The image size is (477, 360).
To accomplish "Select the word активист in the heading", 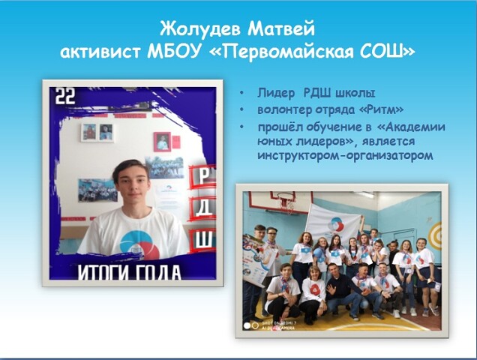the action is (x=100, y=52).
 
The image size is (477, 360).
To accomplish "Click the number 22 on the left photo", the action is (x=65, y=96).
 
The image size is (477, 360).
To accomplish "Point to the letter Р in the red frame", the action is (x=204, y=175).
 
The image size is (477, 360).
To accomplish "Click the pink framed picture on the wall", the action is (x=162, y=142).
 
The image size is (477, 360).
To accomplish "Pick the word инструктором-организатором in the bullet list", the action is (x=345, y=155).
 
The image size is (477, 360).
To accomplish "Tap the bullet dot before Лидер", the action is (x=241, y=93).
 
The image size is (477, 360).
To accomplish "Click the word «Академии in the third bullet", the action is (x=411, y=127).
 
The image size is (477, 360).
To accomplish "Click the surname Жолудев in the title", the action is (x=200, y=29).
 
